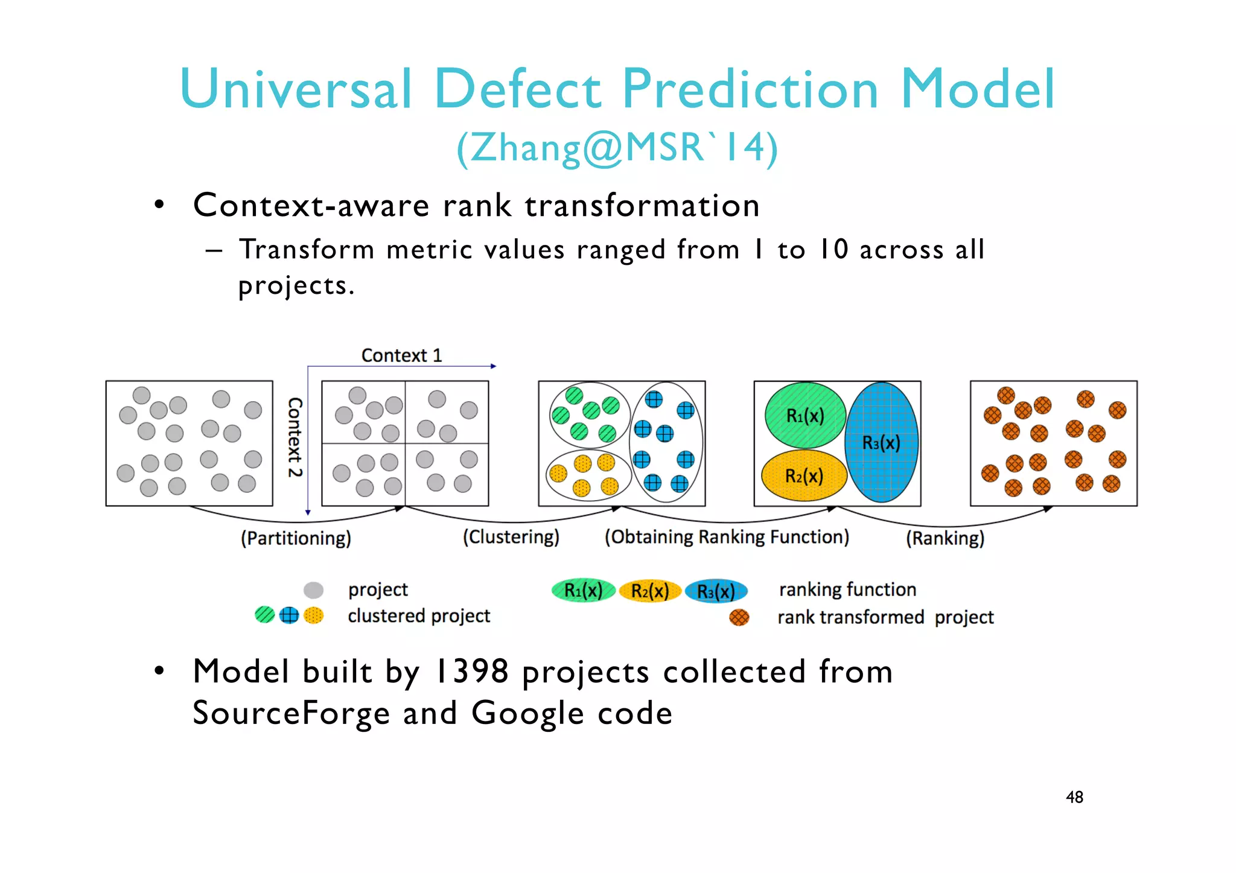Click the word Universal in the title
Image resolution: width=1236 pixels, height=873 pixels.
pos(296,89)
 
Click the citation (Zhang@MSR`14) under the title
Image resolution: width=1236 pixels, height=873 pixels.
pos(617,148)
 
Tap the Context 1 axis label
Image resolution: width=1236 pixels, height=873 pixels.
pos(401,355)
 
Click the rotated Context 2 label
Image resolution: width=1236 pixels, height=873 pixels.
pos(295,437)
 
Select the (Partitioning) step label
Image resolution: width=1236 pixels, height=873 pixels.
pos(296,538)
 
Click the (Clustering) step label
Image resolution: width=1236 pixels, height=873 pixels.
pos(511,537)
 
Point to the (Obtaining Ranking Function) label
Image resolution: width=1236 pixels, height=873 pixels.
pos(727,537)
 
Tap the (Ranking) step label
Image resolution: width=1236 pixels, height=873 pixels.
pos(945,538)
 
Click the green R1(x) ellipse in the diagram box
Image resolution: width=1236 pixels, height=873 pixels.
pos(804,416)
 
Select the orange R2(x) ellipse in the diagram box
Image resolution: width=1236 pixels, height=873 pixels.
pos(804,476)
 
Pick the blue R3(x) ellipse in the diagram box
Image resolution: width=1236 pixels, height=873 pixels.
pos(881,443)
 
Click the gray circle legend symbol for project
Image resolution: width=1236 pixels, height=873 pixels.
pos(313,589)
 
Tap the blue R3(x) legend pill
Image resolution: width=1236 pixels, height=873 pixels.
pos(716,591)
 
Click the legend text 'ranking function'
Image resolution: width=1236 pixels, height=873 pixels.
pos(847,589)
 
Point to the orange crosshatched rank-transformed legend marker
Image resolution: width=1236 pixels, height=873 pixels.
pos(739,617)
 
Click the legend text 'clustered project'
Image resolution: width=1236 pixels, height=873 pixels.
pos(419,616)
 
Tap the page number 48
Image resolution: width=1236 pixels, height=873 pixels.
pos(1074,797)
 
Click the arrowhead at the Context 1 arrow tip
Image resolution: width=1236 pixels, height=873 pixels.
pos(493,366)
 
